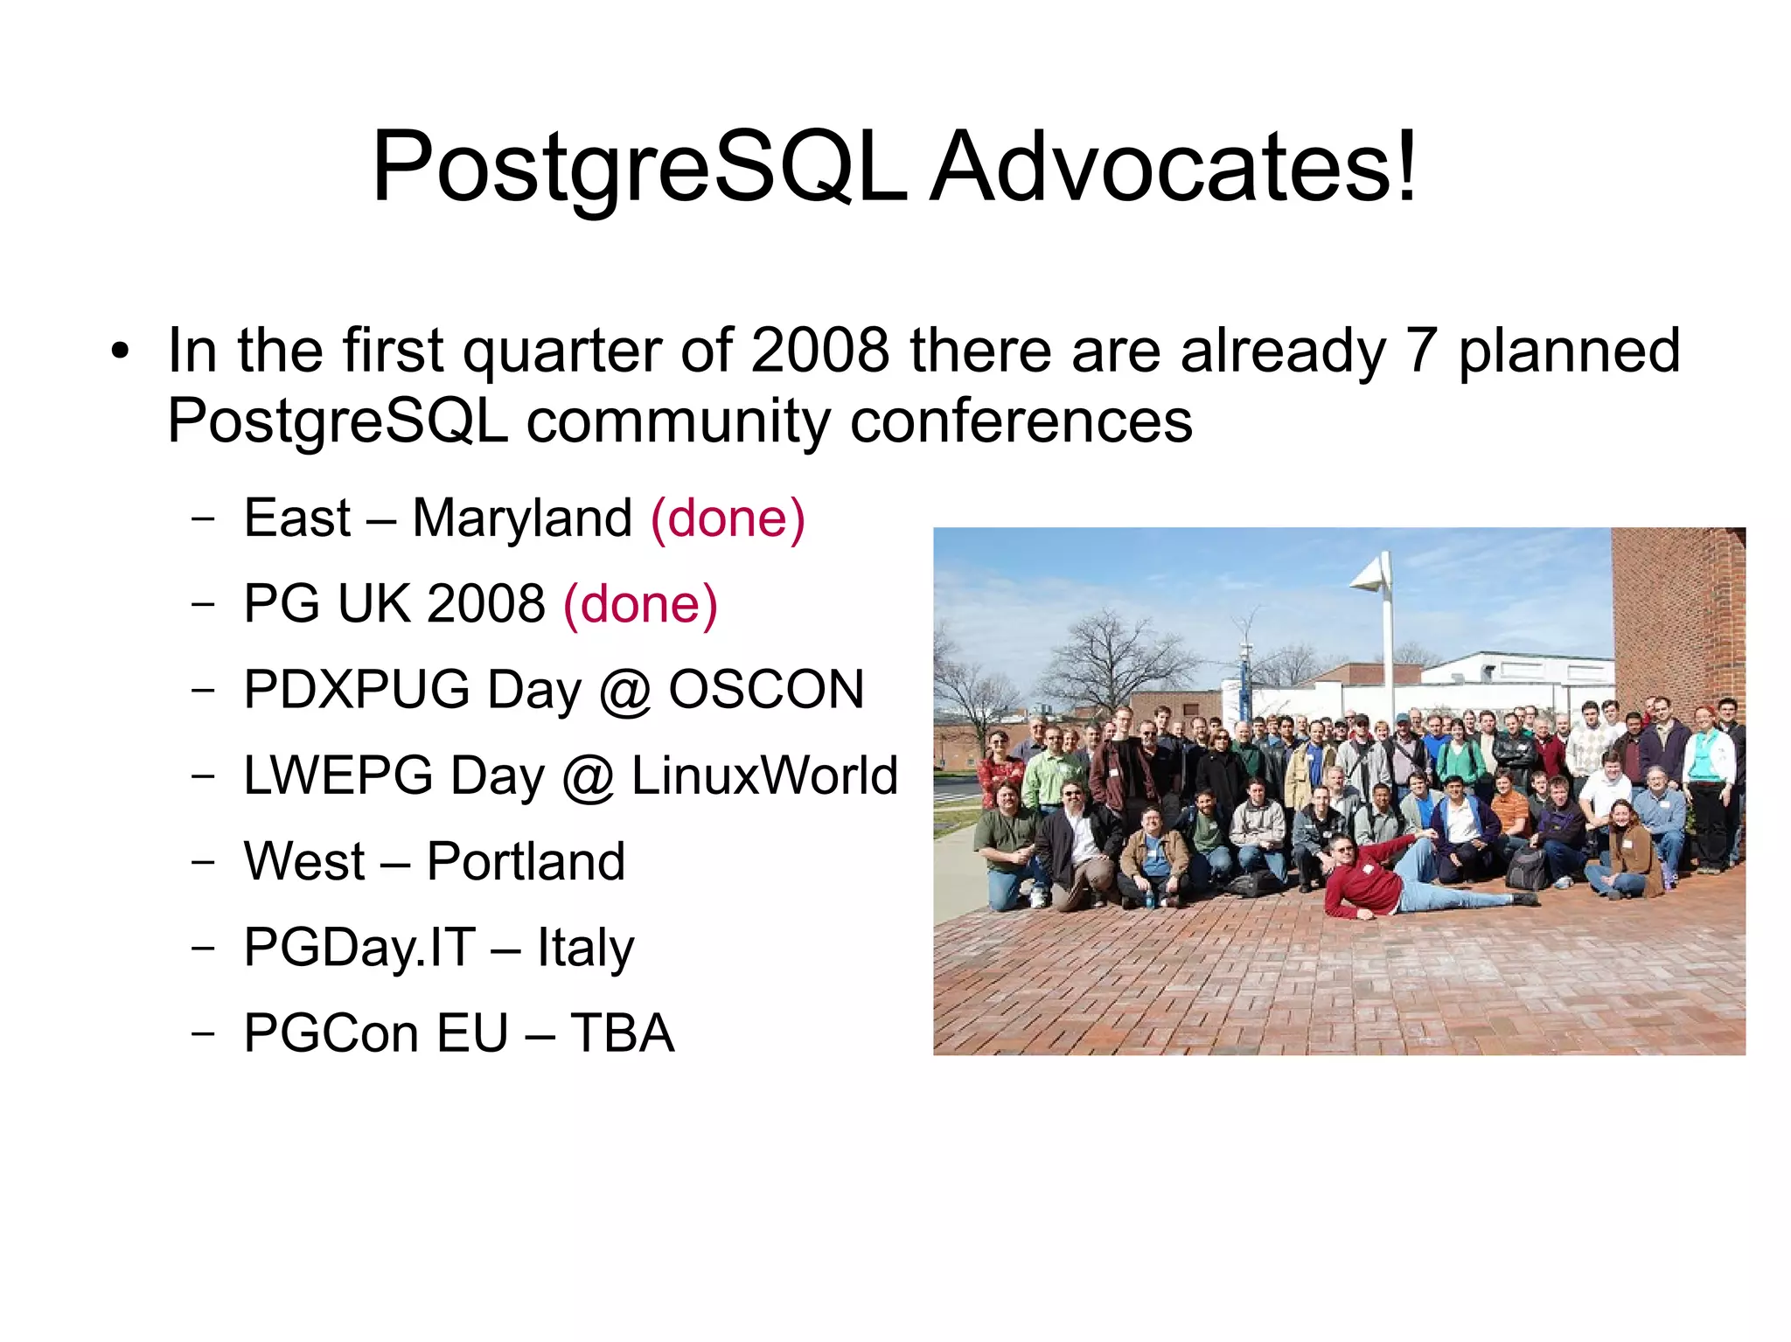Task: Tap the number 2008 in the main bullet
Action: pyautogui.click(x=819, y=350)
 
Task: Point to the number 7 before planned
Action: pyautogui.click(x=1421, y=350)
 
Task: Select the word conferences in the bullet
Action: pyautogui.click(x=1021, y=421)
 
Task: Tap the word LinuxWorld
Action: pyautogui.click(x=764, y=775)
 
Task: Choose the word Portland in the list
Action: pyautogui.click(x=526, y=861)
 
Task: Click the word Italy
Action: pyautogui.click(x=585, y=948)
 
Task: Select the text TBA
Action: pyautogui.click(x=622, y=1033)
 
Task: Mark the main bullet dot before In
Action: pyautogui.click(x=120, y=352)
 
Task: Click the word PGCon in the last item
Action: pyautogui.click(x=331, y=1033)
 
